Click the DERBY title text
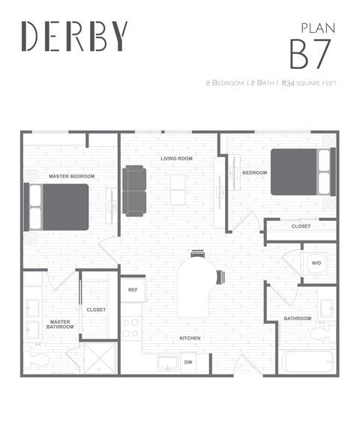pyautogui.click(x=75, y=36)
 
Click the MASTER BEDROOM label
pyautogui.click(x=71, y=176)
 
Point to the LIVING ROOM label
pyautogui.click(x=177, y=159)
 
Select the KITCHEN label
pyautogui.click(x=190, y=338)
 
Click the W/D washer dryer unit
pyautogui.click(x=316, y=263)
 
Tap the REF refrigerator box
pyautogui.click(x=133, y=289)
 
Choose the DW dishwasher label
pyautogui.click(x=188, y=362)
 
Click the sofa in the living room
pyautogui.click(x=135, y=190)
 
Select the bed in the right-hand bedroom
pyautogui.click(x=300, y=172)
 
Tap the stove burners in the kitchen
pyautogui.click(x=130, y=327)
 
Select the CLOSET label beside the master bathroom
pyautogui.click(x=96, y=309)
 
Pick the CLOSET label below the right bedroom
pyautogui.click(x=301, y=225)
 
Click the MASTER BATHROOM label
pyautogui.click(x=59, y=324)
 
